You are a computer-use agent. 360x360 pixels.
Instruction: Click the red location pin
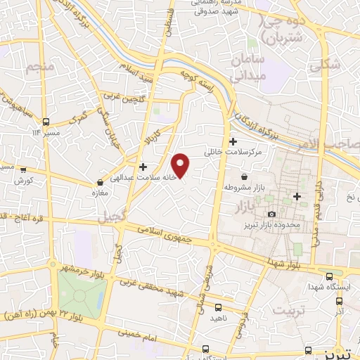(181, 165)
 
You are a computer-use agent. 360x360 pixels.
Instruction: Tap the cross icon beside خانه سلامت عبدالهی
(143, 167)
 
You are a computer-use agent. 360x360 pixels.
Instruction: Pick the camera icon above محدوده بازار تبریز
(271, 214)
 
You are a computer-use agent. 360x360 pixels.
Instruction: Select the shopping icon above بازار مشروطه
(244, 176)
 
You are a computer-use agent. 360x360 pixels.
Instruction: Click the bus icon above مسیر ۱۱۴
(46, 121)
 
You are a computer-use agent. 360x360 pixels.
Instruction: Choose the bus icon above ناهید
(218, 307)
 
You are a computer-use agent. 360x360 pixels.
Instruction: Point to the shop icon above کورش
(23, 169)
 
